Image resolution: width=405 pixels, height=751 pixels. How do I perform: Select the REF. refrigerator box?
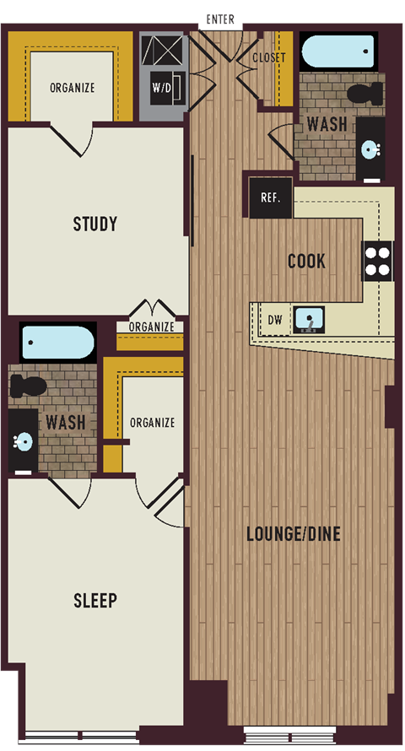pyautogui.click(x=269, y=198)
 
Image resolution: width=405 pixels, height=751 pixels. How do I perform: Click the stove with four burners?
pyautogui.click(x=377, y=261)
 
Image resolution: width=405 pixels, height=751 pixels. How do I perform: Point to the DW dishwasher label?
pyautogui.click(x=274, y=321)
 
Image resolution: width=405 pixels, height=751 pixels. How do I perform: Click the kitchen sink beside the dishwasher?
pyautogui.click(x=309, y=320)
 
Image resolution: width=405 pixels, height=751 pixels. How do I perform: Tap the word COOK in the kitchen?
pyautogui.click(x=306, y=261)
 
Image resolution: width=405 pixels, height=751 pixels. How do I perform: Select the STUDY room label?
pyautogui.click(x=94, y=224)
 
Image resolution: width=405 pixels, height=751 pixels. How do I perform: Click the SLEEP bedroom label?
pyautogui.click(x=94, y=601)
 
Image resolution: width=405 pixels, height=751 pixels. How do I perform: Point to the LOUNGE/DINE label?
pyautogui.click(x=294, y=534)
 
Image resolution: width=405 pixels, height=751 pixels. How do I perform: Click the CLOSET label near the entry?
pyautogui.click(x=269, y=58)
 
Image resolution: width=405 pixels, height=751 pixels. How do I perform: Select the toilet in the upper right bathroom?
pyautogui.click(x=365, y=94)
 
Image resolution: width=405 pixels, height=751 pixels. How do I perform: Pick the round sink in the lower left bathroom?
pyautogui.click(x=24, y=441)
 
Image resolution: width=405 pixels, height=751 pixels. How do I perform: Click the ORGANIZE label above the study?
pyautogui.click(x=72, y=88)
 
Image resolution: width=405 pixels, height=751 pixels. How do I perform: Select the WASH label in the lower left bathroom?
pyautogui.click(x=66, y=420)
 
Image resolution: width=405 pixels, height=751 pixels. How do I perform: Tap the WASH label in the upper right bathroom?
pyautogui.click(x=327, y=124)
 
